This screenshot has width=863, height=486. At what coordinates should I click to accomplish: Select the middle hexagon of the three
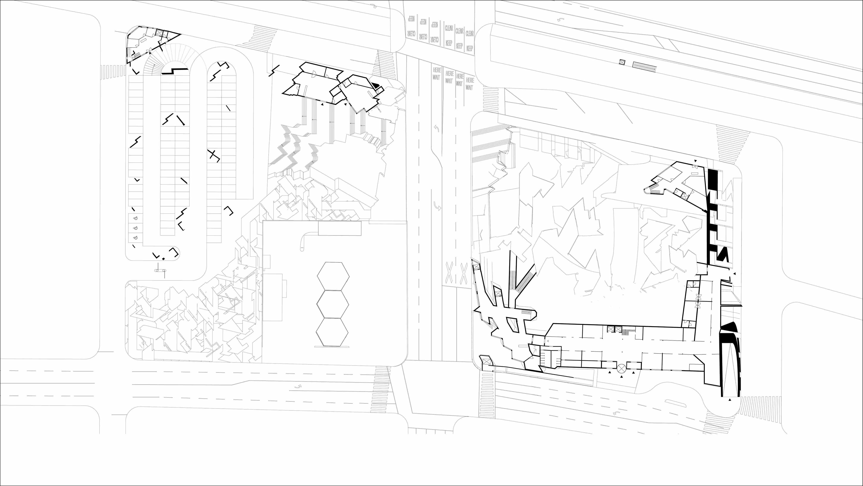tap(333, 304)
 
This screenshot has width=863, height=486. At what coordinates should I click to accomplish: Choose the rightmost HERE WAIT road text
tap(470, 84)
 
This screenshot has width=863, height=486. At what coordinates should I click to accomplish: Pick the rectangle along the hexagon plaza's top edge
tap(339, 228)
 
